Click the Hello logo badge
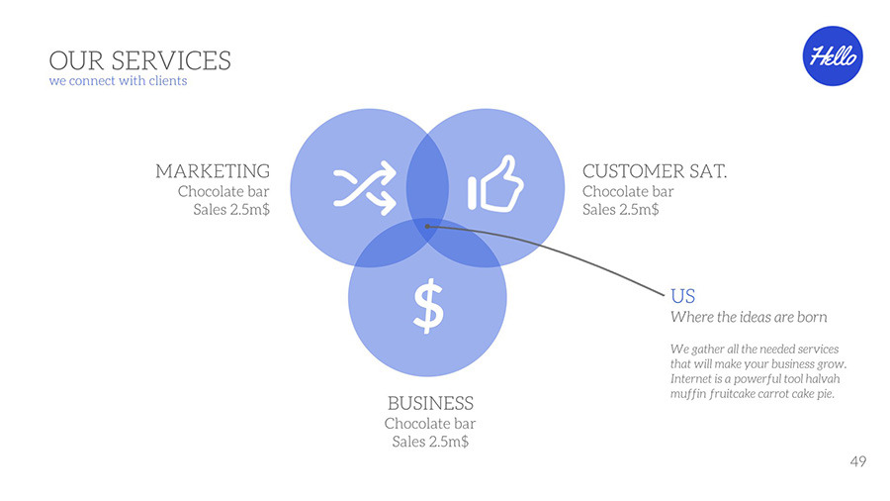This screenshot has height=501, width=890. click(833, 55)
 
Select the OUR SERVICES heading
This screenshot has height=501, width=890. click(139, 60)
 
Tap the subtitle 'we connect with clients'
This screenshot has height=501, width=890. click(118, 80)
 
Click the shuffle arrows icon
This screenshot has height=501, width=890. click(364, 187)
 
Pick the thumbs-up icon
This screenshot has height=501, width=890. click(495, 183)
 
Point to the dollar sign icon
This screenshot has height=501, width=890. click(428, 305)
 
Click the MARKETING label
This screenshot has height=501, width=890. click(213, 171)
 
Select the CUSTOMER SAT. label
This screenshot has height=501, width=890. click(655, 171)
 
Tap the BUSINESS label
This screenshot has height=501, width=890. click(430, 403)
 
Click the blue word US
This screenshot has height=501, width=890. click(682, 296)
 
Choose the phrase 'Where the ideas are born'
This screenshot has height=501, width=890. click(749, 317)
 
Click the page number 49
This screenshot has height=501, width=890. click(858, 461)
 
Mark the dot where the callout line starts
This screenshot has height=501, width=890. click(427, 227)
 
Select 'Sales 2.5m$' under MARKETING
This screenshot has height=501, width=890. click(231, 210)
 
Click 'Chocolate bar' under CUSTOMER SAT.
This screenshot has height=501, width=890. click(628, 191)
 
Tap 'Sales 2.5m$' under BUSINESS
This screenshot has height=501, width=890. click(430, 442)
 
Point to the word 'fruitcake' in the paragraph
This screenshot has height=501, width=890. click(732, 394)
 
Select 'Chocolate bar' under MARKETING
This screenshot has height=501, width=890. click(223, 191)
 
